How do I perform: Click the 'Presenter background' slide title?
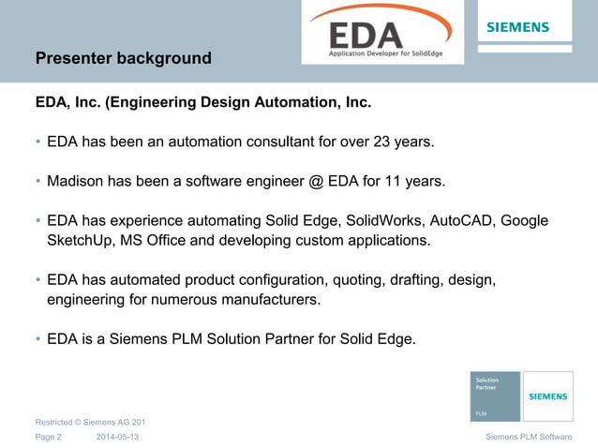(123, 58)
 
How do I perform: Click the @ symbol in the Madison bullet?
(314, 181)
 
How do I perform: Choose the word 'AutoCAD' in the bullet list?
(462, 220)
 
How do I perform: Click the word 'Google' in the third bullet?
(525, 220)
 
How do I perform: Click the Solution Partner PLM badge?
(495, 396)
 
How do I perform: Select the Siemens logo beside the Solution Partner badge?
(548, 396)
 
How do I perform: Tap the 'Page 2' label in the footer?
(49, 438)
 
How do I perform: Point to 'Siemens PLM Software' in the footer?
(529, 438)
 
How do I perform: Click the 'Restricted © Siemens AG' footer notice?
(90, 423)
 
